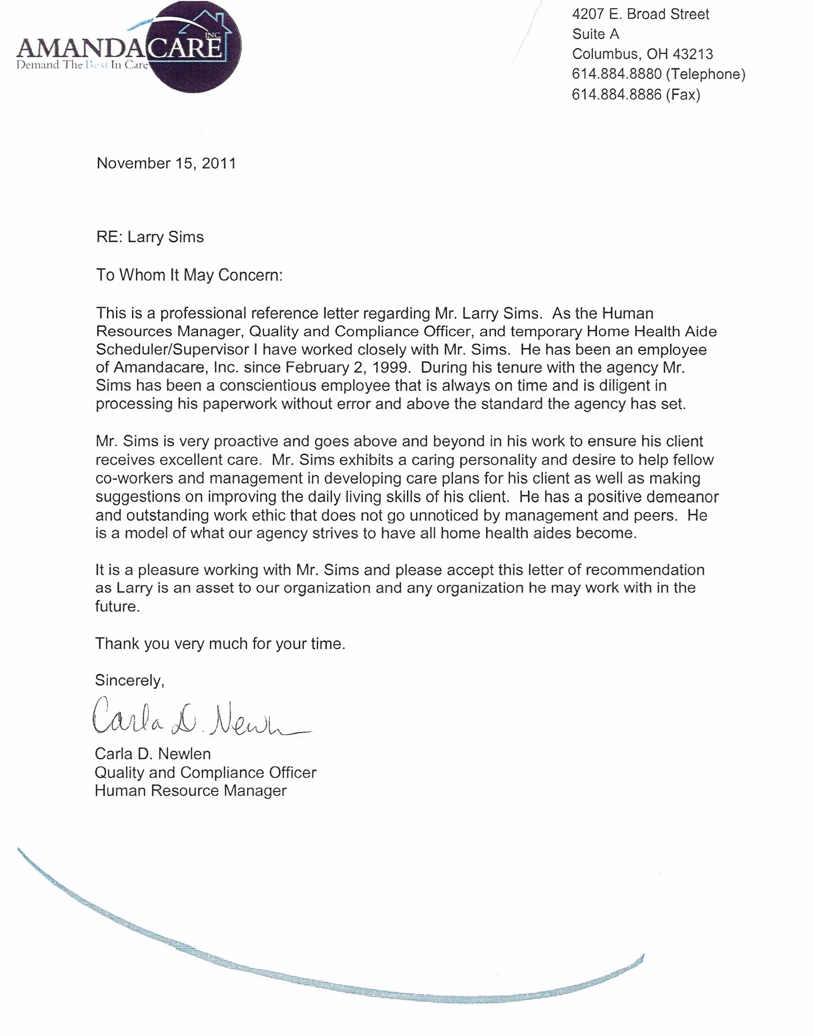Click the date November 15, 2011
(166, 164)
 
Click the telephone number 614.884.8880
(617, 74)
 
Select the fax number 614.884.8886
(617, 94)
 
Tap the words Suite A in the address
(595, 34)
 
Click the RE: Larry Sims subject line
(150, 237)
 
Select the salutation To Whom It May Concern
(189, 275)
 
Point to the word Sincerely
(129, 680)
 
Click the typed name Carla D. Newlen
(153, 754)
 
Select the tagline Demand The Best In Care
(82, 65)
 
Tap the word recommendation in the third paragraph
(644, 570)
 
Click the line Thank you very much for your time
(220, 644)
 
